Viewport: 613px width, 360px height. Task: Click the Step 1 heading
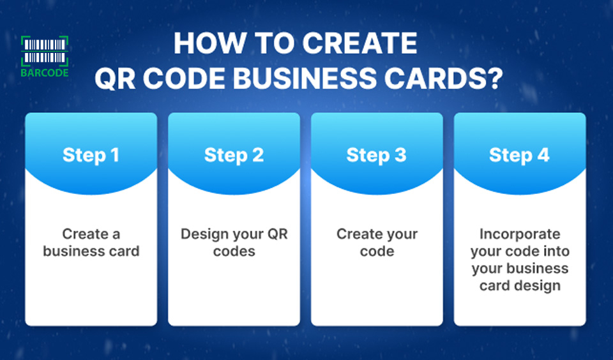pos(91,155)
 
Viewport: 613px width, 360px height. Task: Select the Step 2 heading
pos(234,155)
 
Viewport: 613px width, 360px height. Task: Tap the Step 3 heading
pos(377,155)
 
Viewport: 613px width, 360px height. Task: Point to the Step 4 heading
pos(519,155)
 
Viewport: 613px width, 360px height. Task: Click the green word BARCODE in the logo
pos(45,73)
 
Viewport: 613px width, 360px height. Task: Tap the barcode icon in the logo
pos(45,51)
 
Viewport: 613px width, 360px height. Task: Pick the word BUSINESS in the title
pos(304,79)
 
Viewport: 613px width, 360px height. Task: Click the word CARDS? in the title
pos(443,79)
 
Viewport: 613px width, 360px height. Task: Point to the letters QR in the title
pos(115,79)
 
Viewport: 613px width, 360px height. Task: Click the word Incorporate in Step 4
pos(520,234)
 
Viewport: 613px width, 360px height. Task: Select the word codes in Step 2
pos(234,251)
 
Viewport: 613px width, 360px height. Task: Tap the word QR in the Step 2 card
pos(277,234)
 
